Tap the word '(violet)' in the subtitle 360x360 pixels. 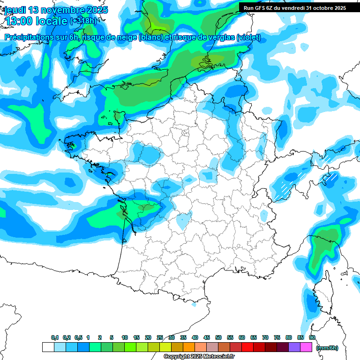click(248, 37)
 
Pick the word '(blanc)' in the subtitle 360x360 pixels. click(150, 37)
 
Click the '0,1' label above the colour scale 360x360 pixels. click(55, 338)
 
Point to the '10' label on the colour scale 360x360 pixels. click(125, 338)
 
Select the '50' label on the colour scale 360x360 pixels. click(218, 338)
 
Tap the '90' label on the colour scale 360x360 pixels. click(312, 338)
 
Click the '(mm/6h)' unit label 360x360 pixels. click(328, 348)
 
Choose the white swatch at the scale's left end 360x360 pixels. click(48, 347)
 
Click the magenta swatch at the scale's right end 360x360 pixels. click(306, 347)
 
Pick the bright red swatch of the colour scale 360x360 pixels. click(247, 347)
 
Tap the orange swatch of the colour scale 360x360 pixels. click(189, 347)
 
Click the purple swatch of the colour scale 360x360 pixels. click(294, 347)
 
